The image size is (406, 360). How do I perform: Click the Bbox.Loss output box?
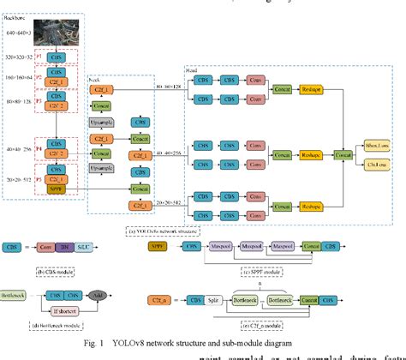375,147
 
